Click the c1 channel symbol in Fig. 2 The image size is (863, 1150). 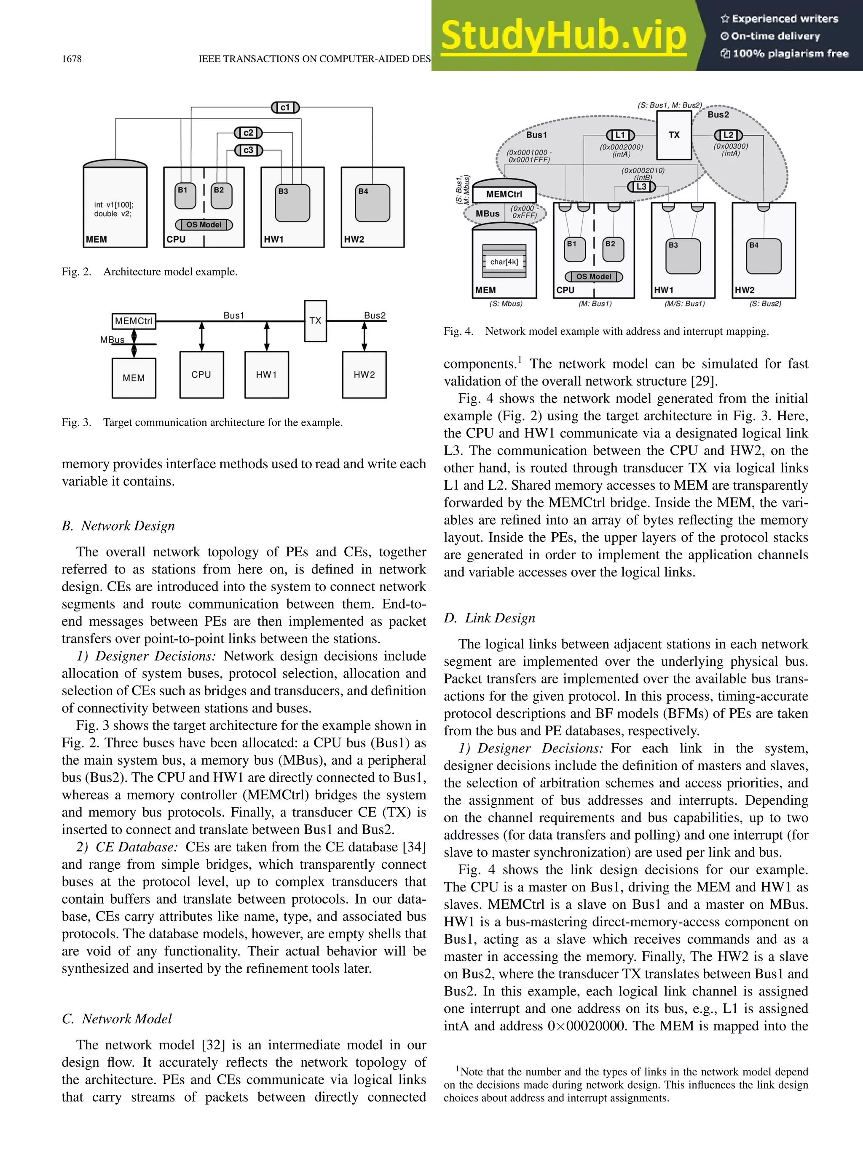pos(285,108)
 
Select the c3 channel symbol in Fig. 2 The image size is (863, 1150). pos(248,150)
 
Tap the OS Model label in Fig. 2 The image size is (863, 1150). pos(204,224)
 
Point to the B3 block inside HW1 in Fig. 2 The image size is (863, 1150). pos(292,203)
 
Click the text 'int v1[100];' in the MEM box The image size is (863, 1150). pos(113,205)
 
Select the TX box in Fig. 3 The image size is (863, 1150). pos(315,321)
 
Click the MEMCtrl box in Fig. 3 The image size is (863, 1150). pos(134,321)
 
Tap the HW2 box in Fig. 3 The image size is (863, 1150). pos(364,375)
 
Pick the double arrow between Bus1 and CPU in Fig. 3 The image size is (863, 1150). pos(202,336)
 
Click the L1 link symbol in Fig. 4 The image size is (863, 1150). pos(620,135)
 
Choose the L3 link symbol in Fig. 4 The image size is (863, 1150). pos(641,187)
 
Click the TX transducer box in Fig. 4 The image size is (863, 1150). pos(674,135)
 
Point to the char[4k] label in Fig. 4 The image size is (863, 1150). pos(504,262)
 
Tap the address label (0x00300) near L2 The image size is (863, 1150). pos(730,147)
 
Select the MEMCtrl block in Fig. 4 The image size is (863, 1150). pos(504,194)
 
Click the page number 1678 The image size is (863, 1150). pos(72,59)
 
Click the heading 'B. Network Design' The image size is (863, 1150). pos(118,526)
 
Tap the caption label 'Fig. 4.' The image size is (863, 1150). pos(458,331)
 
